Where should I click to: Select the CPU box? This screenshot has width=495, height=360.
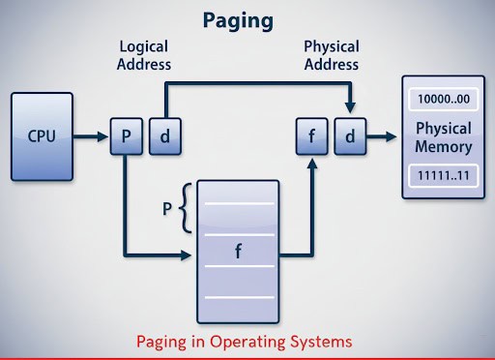(x=41, y=136)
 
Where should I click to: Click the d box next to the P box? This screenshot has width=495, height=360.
(x=164, y=136)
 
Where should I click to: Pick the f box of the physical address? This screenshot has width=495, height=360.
(x=312, y=136)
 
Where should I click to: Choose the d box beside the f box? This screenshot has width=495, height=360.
(x=350, y=136)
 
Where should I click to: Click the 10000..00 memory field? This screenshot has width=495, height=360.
(x=443, y=100)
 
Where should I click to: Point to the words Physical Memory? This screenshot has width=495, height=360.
(x=443, y=137)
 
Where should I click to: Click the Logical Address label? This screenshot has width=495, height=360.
(x=144, y=55)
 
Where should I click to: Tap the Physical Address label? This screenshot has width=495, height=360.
(x=331, y=55)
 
